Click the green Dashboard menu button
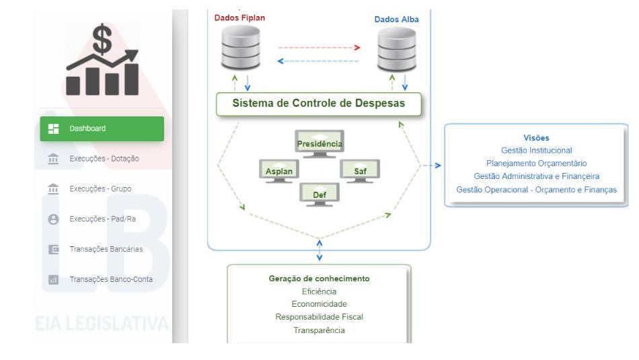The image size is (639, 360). tap(102, 129)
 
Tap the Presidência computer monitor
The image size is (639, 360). tap(319, 143)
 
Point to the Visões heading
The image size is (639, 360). tap(536, 138)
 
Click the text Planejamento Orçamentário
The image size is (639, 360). tap(536, 163)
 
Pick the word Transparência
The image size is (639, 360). tap(319, 330)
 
